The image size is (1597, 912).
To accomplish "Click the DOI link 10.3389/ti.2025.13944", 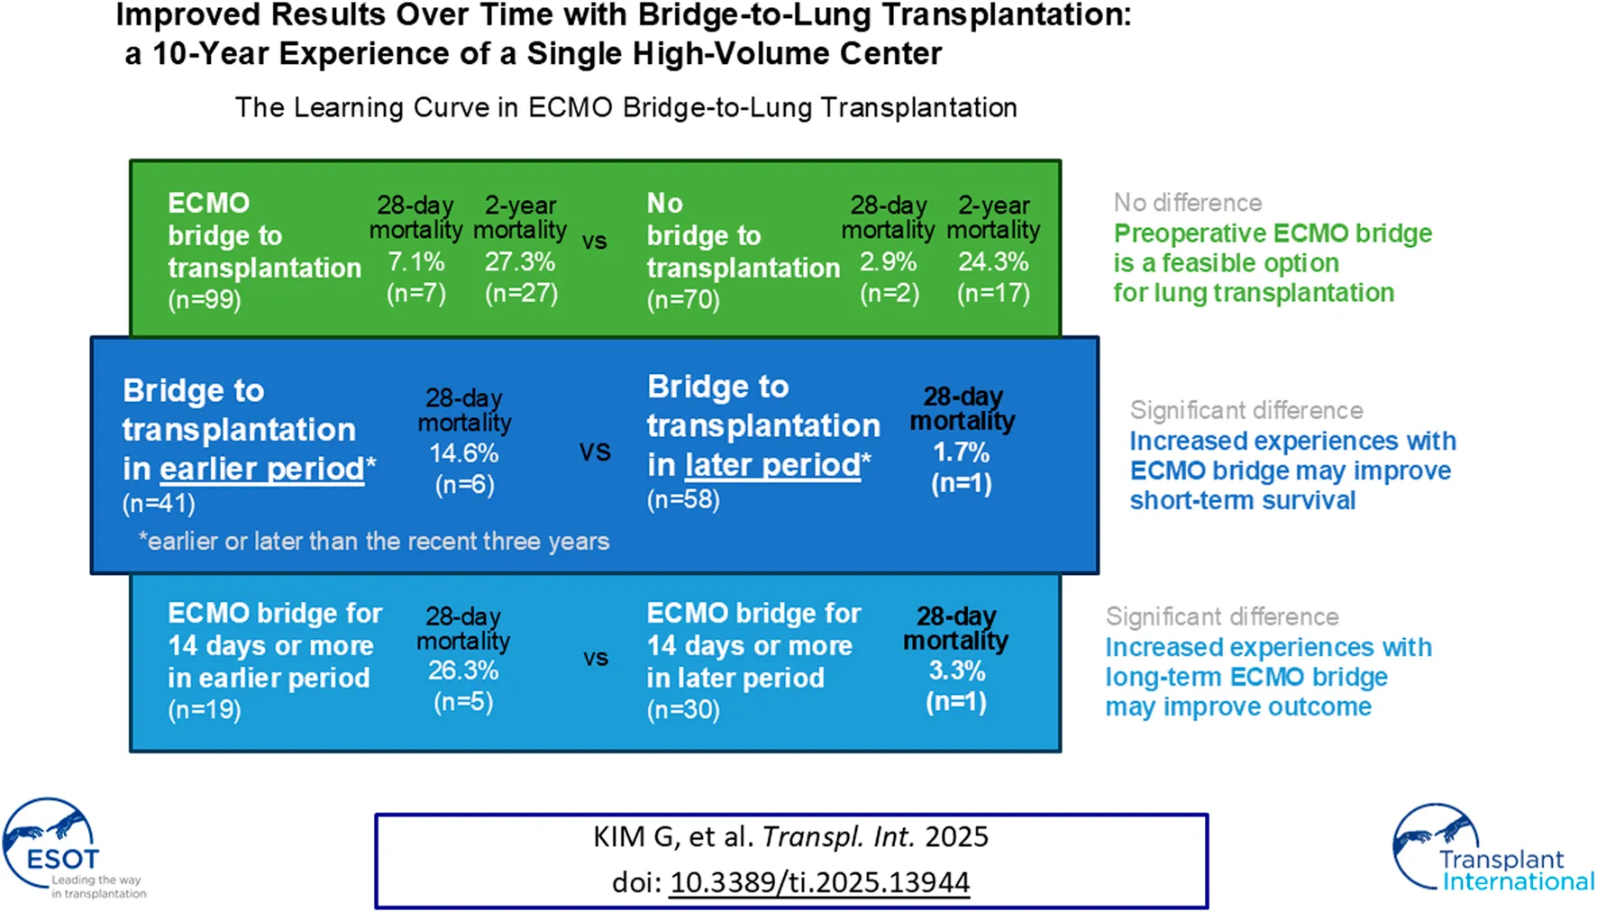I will (x=819, y=882).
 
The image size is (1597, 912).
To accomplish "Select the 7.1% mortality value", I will (x=415, y=262).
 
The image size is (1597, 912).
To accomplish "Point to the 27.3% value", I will (x=520, y=262).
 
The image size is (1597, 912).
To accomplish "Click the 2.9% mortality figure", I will (x=888, y=262).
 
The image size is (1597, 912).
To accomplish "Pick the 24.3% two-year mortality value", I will (x=993, y=262).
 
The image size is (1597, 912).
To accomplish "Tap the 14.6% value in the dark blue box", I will (x=464, y=453).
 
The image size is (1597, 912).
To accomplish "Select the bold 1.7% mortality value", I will (x=961, y=452).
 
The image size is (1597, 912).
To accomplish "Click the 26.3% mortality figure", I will (x=463, y=670).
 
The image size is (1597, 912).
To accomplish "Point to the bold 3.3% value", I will (x=956, y=671).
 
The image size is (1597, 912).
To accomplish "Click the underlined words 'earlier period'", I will (x=262, y=470).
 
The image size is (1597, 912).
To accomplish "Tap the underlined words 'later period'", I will (x=772, y=466).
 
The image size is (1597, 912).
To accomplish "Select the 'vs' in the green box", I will (x=595, y=242).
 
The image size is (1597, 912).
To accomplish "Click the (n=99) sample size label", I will (x=205, y=300).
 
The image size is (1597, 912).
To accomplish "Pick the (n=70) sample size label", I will (x=683, y=300).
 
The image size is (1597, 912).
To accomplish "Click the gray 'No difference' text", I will (x=1188, y=203).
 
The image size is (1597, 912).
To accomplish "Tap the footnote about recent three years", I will (x=374, y=542).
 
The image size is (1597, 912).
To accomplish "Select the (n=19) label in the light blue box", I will (x=205, y=710).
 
